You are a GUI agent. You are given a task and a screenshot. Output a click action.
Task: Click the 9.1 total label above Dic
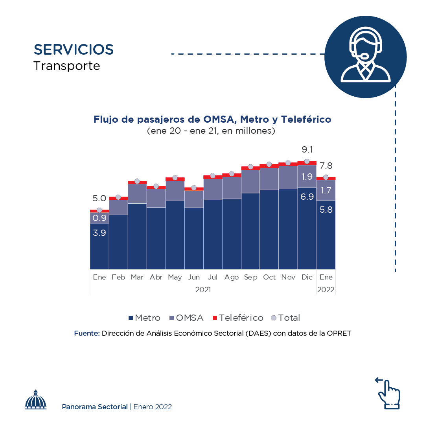[307, 150]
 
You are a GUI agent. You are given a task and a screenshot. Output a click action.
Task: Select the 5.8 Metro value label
[326, 210]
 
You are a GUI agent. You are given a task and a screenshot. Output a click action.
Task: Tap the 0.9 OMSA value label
[99, 218]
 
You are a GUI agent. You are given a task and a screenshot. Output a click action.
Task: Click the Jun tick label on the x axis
[194, 278]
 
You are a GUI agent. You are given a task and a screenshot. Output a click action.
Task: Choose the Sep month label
[250, 278]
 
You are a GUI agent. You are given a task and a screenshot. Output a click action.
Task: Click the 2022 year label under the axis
[326, 290]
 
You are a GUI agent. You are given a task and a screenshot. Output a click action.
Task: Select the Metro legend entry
[144, 318]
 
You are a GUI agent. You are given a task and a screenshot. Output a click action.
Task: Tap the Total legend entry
[286, 318]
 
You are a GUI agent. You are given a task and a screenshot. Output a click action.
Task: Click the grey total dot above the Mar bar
[137, 181]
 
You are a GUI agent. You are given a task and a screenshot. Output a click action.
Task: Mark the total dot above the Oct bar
[269, 164]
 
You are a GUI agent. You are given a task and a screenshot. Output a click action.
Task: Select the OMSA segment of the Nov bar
[288, 177]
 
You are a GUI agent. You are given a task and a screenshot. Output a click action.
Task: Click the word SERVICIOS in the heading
[74, 50]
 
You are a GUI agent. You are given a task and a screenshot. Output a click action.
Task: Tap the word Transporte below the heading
[67, 66]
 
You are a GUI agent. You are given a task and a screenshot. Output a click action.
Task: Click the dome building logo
[36, 400]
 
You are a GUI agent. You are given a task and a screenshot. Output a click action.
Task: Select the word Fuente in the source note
[87, 333]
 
